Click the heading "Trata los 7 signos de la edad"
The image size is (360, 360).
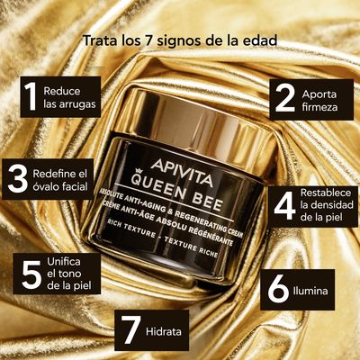tap(180, 40)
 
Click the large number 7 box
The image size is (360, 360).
tap(132, 330)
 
